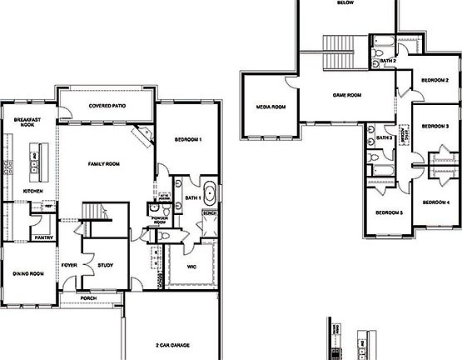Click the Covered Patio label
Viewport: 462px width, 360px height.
(x=107, y=107)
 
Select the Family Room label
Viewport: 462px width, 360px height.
(x=104, y=164)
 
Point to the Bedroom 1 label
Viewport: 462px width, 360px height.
(x=187, y=140)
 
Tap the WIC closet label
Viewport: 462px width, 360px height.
(x=191, y=267)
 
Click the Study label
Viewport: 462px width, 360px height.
(x=105, y=265)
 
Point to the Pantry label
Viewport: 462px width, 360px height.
(x=44, y=237)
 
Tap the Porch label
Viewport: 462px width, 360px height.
(x=88, y=297)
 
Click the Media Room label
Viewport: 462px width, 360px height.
(x=271, y=107)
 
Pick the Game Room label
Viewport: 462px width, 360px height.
(x=346, y=95)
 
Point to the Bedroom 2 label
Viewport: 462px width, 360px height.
(x=435, y=80)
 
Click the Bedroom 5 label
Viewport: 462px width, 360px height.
(x=389, y=212)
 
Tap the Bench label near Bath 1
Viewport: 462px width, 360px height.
(x=208, y=214)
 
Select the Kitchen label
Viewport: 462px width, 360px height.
(x=32, y=191)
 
